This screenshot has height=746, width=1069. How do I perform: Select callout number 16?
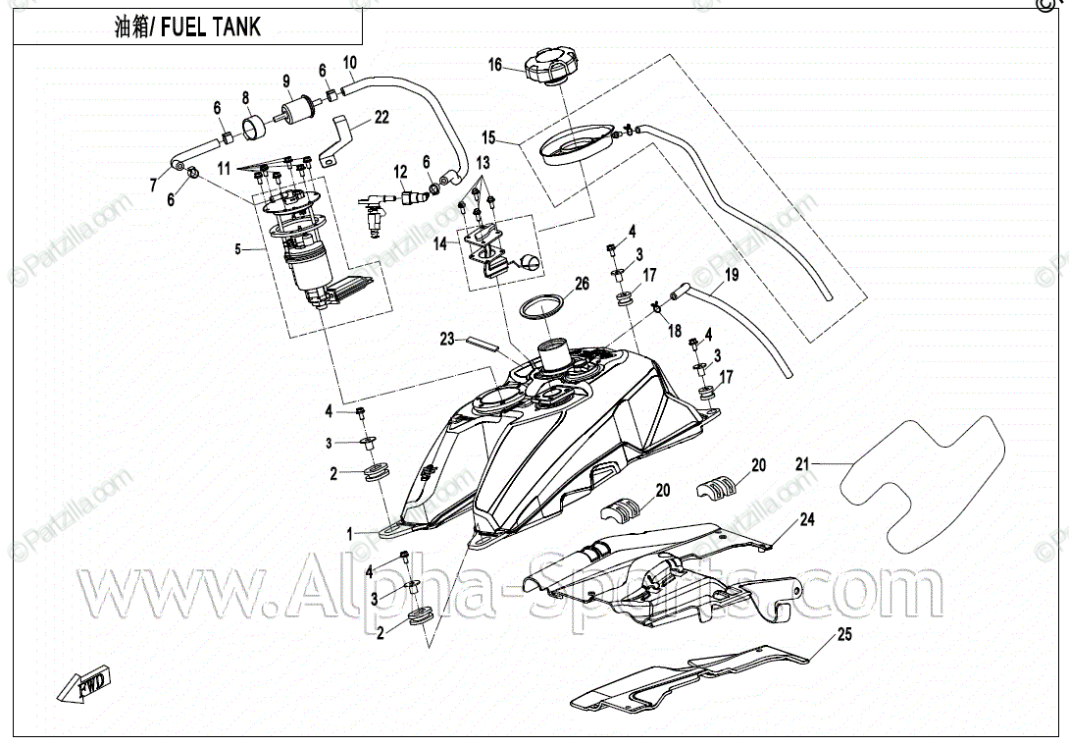496,66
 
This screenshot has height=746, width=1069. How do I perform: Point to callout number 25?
844,635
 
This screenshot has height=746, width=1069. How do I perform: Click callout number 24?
807,519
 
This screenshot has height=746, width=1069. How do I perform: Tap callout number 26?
582,285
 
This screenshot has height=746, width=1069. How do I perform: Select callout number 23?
447,340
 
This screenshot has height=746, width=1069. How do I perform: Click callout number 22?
381,117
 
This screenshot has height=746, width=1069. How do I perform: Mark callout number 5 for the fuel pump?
236,249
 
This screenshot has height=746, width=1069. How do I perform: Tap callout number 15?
488,136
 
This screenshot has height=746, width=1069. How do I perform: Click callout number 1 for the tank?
348,533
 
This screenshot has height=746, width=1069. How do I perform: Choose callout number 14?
440,241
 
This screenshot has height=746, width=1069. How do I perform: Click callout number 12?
401,172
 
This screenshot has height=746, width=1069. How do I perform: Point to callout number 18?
674,333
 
